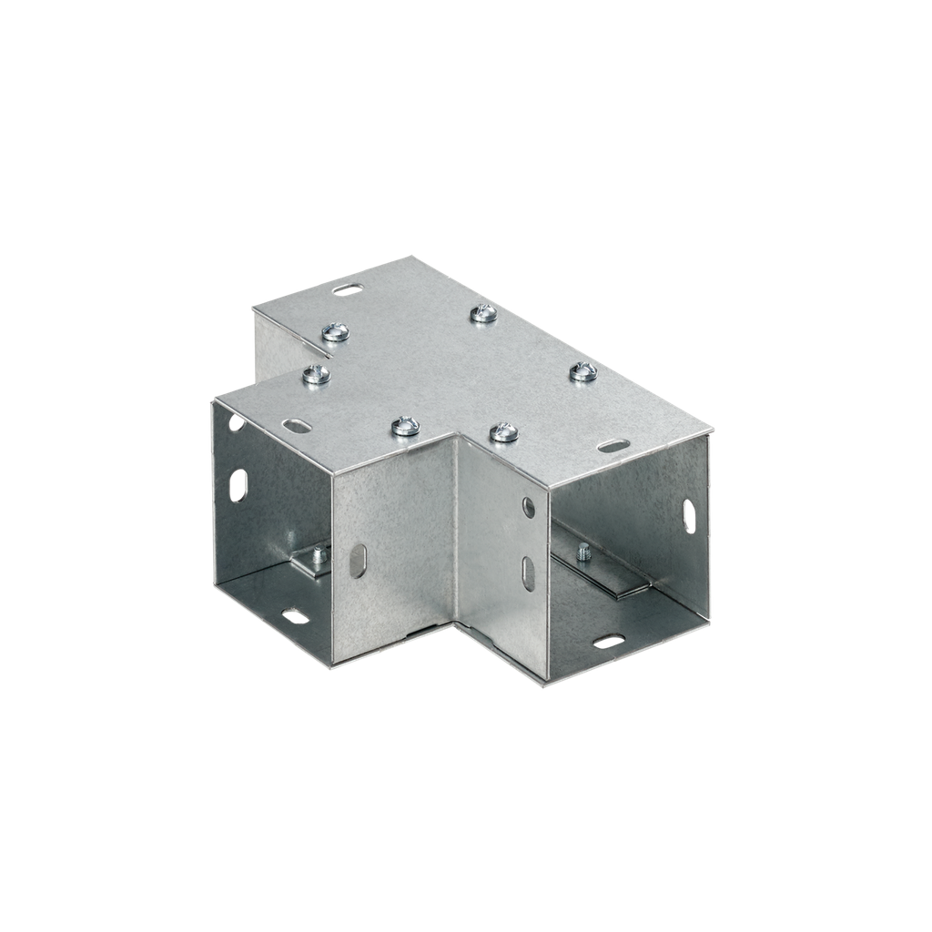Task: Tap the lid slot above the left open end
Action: coord(297,424)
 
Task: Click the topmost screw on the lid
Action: coord(484,314)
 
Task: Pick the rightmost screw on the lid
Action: coord(582,371)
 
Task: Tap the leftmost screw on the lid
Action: coord(315,373)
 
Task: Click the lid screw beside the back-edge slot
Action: coord(336,332)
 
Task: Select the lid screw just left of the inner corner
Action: coord(405,425)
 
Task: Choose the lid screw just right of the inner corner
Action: coord(503,432)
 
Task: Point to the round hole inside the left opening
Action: coord(236,422)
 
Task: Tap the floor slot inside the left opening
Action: coord(294,616)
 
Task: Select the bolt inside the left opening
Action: coord(319,555)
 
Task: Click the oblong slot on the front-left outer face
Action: coord(359,561)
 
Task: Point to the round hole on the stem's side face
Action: coord(529,507)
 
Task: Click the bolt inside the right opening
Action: coord(583,551)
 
